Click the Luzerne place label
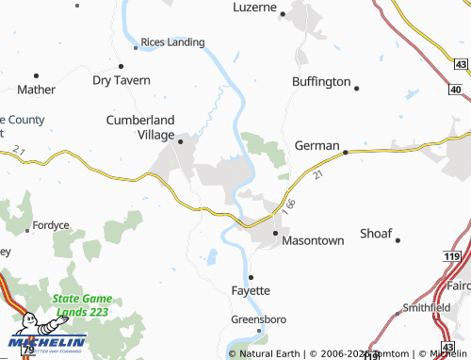click(x=254, y=8)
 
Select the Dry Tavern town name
click(x=121, y=80)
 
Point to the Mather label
click(x=36, y=90)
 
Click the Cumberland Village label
click(x=140, y=127)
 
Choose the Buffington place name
click(x=320, y=82)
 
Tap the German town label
click(x=316, y=145)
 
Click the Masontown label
click(x=314, y=240)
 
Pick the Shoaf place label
click(x=376, y=233)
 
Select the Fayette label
click(x=252, y=290)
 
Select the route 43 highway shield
click(x=459, y=63)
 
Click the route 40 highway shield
click(x=456, y=90)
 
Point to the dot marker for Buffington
click(x=357, y=88)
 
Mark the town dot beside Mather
click(x=36, y=74)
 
